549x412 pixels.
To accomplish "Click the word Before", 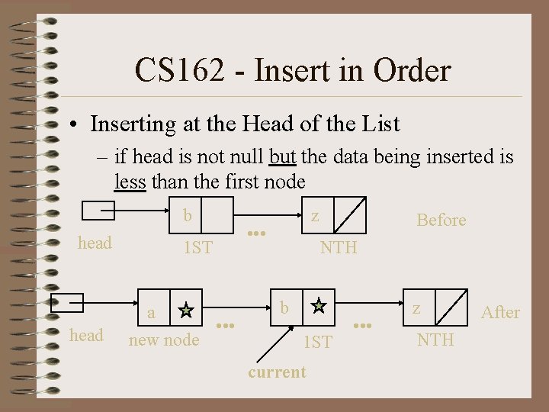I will click(x=441, y=220).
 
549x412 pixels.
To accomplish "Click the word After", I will click(x=500, y=312).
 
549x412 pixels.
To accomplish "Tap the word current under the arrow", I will click(x=278, y=372).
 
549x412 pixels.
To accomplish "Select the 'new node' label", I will click(x=164, y=340).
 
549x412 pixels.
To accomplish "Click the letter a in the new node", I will click(x=151, y=312).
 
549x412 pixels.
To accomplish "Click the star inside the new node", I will click(x=185, y=310).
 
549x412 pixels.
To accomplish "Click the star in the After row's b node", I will click(x=319, y=306).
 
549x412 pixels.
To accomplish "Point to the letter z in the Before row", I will click(x=314, y=216).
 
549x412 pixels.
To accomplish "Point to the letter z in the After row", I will click(x=416, y=307).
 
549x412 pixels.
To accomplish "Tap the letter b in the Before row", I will click(x=188, y=216).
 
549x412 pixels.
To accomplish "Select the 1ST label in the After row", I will click(x=317, y=343).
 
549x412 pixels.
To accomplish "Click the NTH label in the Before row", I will click(x=339, y=247).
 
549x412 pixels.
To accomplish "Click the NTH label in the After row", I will click(x=435, y=339).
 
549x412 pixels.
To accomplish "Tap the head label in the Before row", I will click(x=95, y=243).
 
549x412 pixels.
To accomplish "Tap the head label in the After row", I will click(x=86, y=335).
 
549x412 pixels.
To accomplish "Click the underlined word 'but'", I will click(x=283, y=157).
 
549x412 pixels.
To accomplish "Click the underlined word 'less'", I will click(x=129, y=182).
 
